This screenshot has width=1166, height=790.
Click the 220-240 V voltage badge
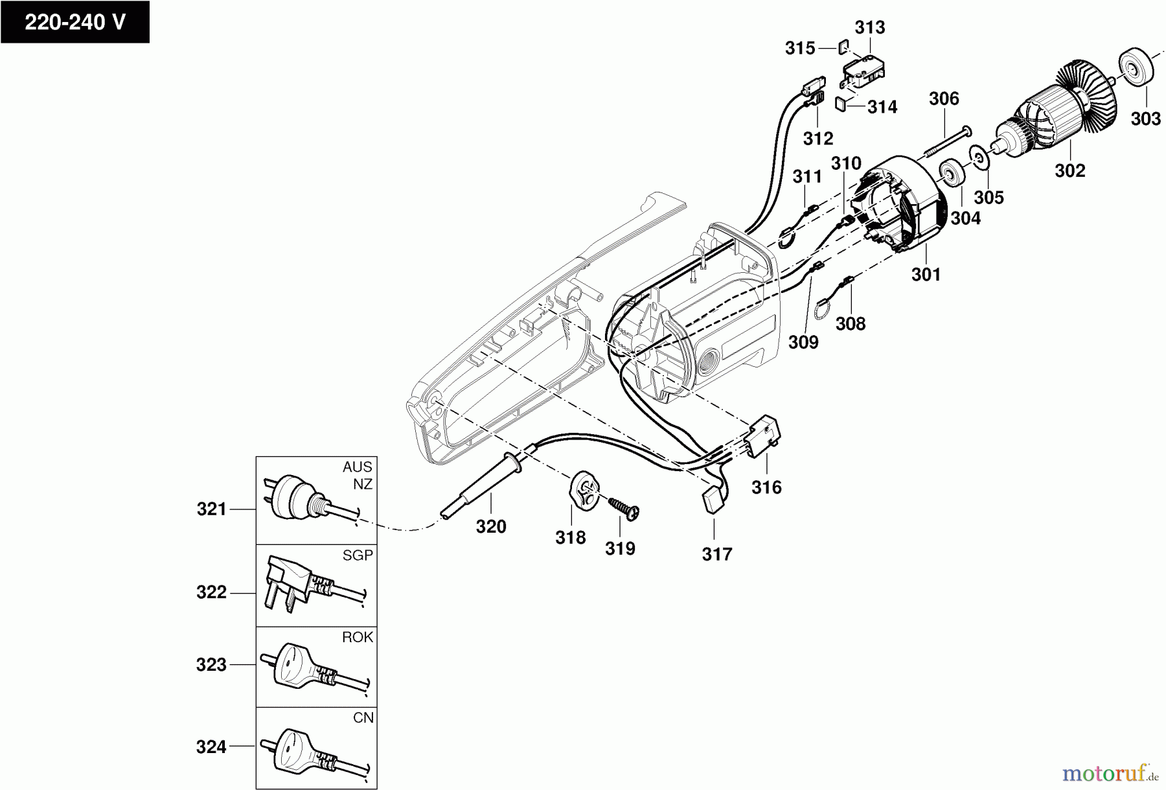click(74, 22)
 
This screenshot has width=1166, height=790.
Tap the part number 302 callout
click(1069, 170)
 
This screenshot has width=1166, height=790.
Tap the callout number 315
click(800, 48)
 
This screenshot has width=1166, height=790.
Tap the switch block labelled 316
click(765, 437)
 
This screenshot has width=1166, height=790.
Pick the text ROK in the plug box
click(358, 637)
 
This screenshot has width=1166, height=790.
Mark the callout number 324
click(211, 747)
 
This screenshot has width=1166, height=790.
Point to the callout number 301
click(926, 274)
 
